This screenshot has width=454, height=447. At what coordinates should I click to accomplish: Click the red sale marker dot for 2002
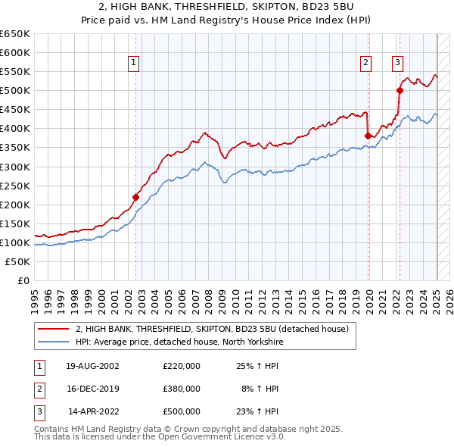click(136, 197)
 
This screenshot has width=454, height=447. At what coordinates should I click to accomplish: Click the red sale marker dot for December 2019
click(368, 136)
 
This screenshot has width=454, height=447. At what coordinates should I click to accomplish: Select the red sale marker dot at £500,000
click(400, 91)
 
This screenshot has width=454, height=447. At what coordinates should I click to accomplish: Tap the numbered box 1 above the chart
click(133, 64)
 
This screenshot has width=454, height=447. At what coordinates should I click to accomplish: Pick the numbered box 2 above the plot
click(365, 64)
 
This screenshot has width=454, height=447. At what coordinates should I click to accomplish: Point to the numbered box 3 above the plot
click(397, 64)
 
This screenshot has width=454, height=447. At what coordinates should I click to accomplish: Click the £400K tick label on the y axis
click(15, 129)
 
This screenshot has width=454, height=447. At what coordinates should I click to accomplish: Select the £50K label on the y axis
click(18, 261)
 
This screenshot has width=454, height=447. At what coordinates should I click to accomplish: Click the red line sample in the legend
click(53, 330)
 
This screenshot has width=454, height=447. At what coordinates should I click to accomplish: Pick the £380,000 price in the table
click(182, 389)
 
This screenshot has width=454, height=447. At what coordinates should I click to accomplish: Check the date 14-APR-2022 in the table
click(94, 411)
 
